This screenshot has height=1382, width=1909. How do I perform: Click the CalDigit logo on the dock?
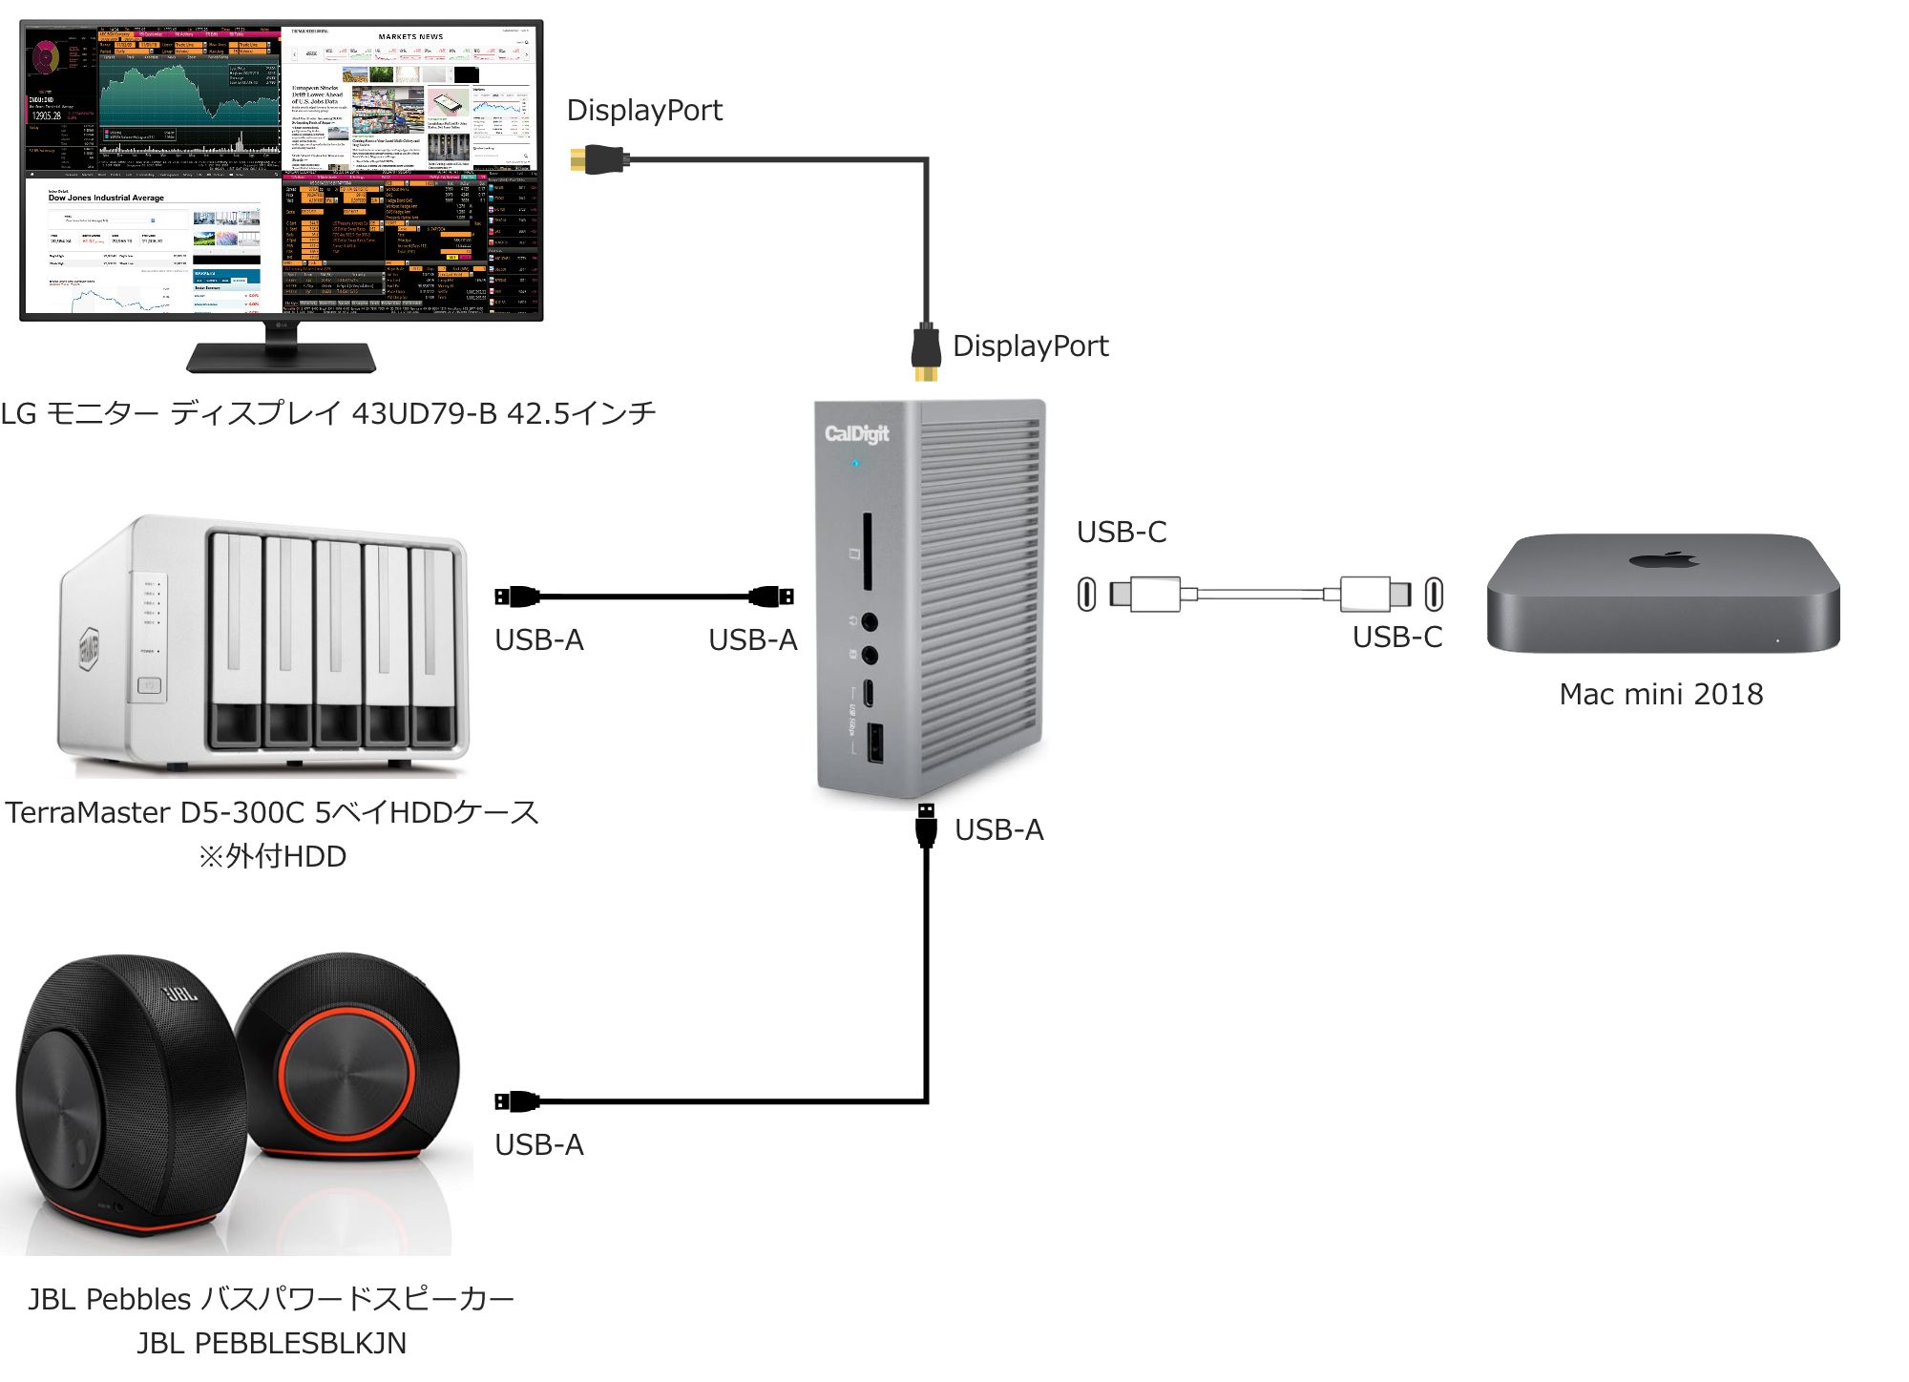click(856, 433)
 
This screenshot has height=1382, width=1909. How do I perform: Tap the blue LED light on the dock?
click(855, 464)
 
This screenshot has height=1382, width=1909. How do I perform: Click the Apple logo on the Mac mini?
click(1663, 558)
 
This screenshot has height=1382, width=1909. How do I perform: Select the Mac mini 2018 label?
click(1661, 694)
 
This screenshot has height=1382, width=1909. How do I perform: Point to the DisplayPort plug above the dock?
click(925, 351)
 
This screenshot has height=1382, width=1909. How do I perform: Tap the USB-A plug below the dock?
click(925, 825)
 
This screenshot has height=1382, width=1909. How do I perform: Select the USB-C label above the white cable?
click(1122, 532)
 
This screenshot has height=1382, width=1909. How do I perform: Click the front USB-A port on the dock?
click(874, 743)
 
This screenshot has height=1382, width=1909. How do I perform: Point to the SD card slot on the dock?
click(867, 553)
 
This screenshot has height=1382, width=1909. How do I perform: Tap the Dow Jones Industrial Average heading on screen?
click(106, 198)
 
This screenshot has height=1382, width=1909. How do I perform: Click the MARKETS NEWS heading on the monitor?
click(410, 37)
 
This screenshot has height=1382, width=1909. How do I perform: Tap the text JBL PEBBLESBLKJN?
click(271, 1343)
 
